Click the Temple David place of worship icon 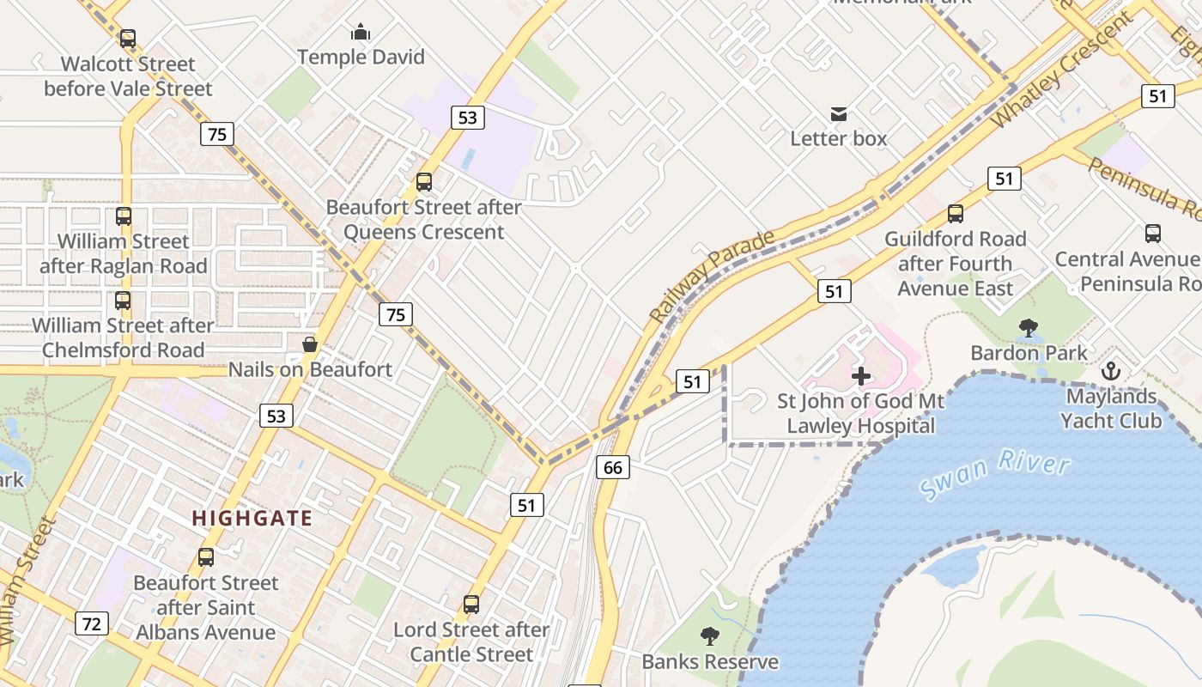(x=361, y=33)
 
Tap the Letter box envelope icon (x=838, y=114)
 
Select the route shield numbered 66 (x=612, y=467)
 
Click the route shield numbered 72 (x=92, y=623)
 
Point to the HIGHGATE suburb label (x=252, y=518)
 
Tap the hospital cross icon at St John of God (x=860, y=376)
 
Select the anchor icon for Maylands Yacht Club (x=1111, y=372)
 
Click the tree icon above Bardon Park (x=1028, y=328)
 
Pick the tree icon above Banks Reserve (x=709, y=636)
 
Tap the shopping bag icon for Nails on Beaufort (x=309, y=345)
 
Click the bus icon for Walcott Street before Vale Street (x=128, y=39)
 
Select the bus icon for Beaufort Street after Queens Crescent (x=423, y=182)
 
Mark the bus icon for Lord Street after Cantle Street (x=470, y=605)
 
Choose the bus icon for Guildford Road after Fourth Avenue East (x=955, y=214)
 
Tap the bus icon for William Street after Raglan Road (x=124, y=216)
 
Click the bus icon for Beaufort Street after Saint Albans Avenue (x=206, y=557)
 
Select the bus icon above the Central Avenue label (x=1152, y=234)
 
